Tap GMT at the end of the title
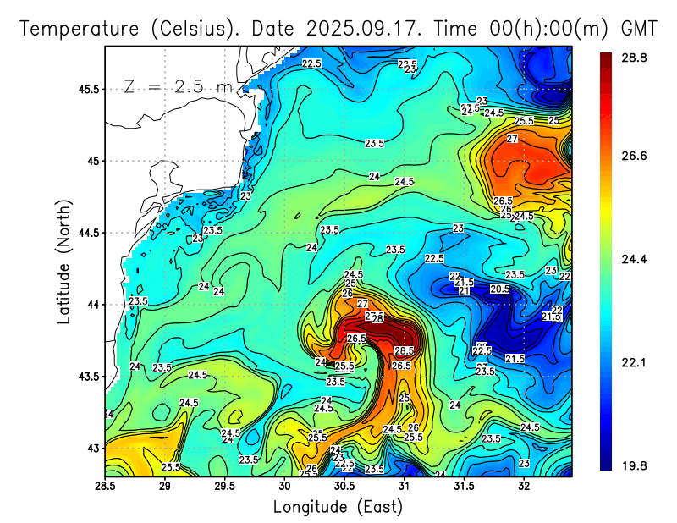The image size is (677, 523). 639,28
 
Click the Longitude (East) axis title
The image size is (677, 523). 338,506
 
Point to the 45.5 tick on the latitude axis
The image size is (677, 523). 88,89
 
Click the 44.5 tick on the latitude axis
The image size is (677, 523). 88,233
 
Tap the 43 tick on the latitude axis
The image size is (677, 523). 93,448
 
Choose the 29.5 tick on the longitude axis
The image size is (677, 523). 224,486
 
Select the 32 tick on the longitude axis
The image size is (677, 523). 524,486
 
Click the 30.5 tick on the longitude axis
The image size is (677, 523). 344,486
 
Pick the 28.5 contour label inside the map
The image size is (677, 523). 404,350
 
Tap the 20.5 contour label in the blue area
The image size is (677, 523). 499,289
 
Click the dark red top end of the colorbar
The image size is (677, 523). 606,59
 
